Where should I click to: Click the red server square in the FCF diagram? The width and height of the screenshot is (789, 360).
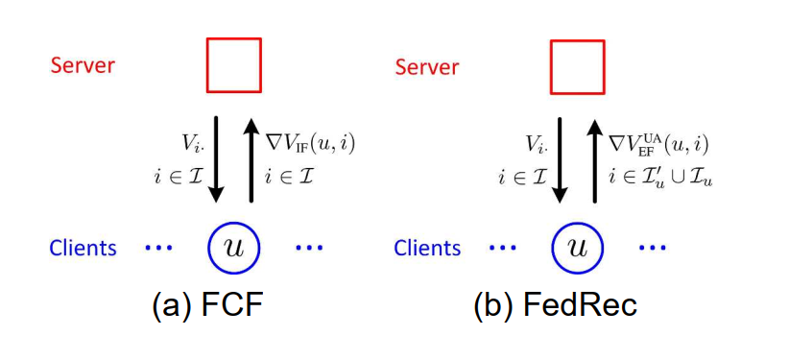tap(234, 65)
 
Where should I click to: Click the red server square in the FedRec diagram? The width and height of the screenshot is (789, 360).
tap(577, 65)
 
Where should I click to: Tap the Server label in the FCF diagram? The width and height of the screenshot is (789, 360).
tap(83, 65)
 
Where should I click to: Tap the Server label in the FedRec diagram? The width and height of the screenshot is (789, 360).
tap(428, 66)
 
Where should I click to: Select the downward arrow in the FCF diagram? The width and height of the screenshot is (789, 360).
tap(217, 158)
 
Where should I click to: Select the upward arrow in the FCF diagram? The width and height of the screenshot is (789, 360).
tap(251, 158)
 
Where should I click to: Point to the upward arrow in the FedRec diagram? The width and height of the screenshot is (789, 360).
tap(595, 158)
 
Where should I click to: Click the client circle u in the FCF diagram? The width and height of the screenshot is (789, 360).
tap(233, 247)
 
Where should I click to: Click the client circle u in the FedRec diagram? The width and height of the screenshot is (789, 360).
tap(577, 247)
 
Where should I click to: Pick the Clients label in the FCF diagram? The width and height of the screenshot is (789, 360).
tap(84, 248)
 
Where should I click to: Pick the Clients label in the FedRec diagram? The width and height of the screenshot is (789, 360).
tap(428, 248)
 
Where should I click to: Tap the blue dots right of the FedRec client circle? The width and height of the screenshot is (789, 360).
tap(652, 248)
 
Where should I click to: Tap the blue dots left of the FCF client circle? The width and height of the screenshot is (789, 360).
tap(159, 248)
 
